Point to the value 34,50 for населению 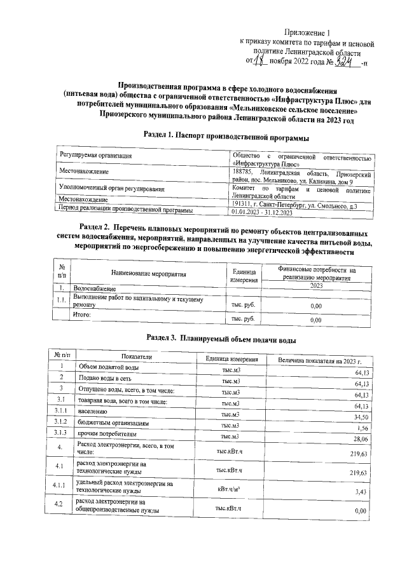coord(361,416)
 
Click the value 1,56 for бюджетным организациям coord(363,428)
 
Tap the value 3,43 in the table coord(363,492)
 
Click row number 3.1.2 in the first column coord(61,422)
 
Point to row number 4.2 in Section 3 coord(60,505)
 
